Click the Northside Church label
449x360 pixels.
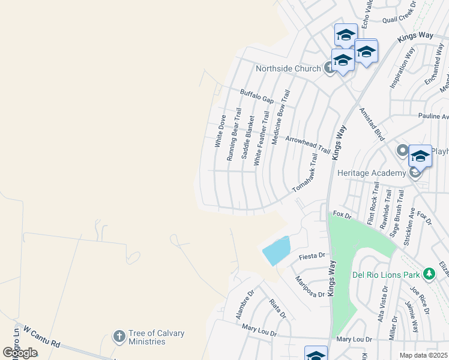point(288,68)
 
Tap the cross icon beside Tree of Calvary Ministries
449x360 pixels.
point(119,336)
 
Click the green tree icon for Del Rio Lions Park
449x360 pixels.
point(429,274)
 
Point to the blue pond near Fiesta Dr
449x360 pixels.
point(277,250)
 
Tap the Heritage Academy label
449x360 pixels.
point(372,173)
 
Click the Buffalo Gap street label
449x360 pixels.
point(257,95)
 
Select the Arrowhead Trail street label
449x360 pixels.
point(307,144)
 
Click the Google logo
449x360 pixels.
point(20,353)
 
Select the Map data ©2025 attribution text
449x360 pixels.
point(423,355)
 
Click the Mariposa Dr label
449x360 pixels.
point(310,287)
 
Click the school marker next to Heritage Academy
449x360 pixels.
point(420,157)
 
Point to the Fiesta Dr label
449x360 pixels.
point(312,257)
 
